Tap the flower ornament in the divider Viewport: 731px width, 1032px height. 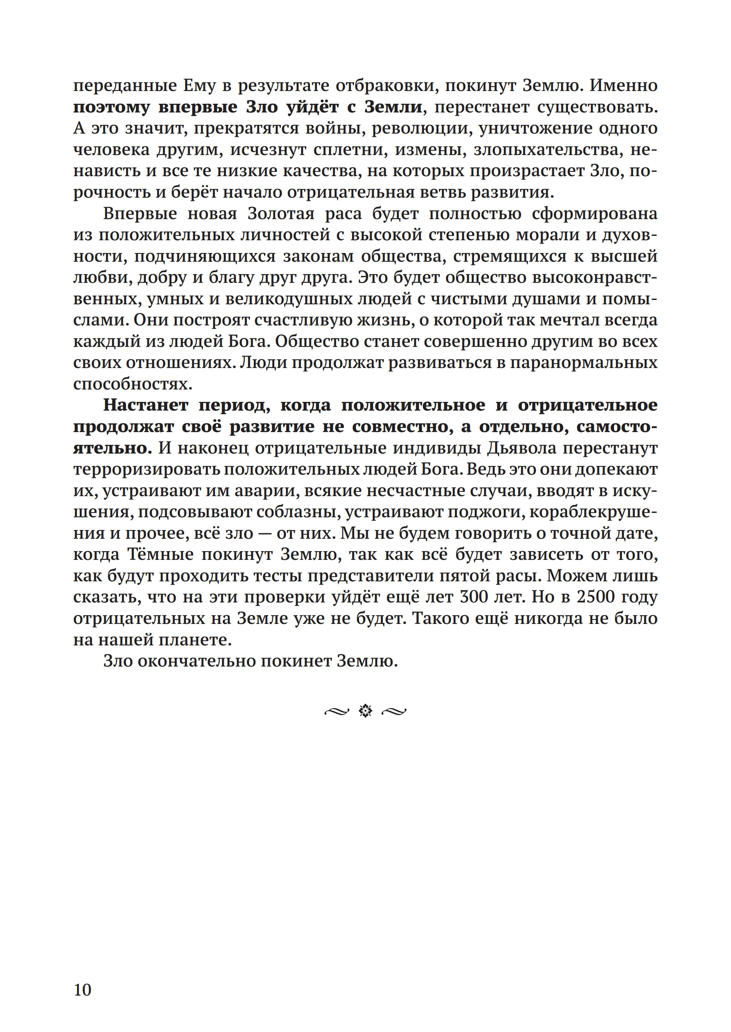pos(365,711)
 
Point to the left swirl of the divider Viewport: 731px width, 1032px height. pos(337,712)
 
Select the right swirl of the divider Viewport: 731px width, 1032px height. pos(394,712)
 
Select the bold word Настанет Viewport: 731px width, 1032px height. pos(145,405)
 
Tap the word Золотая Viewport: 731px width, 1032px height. pos(281,213)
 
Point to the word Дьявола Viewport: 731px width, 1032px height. pos(522,448)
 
